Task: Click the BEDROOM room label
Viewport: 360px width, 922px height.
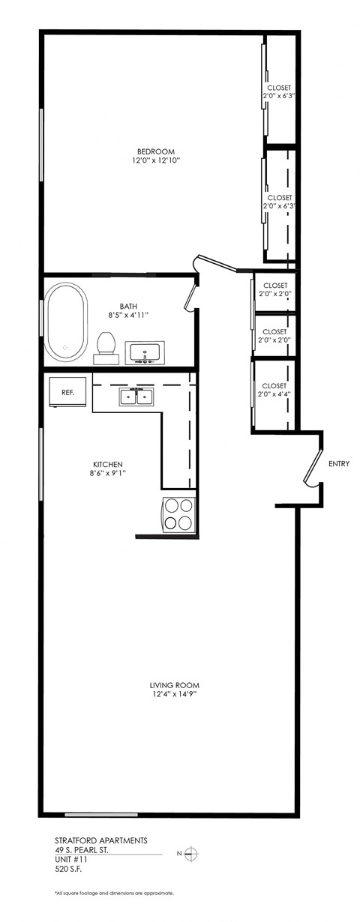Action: pos(150,151)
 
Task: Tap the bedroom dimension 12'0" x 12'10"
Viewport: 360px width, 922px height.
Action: pos(150,161)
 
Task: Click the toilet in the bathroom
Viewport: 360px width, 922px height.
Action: pos(106,348)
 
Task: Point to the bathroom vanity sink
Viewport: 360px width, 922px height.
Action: pos(145,352)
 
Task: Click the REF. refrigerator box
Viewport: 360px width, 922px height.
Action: pos(67,391)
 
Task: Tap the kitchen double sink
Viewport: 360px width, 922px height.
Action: pos(136,398)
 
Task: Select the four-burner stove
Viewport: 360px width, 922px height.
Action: pos(178,515)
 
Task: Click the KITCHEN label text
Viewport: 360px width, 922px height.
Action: pos(106,464)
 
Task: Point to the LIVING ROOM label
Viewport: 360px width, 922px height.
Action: pos(174,685)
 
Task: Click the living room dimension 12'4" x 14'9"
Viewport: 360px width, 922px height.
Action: pos(174,695)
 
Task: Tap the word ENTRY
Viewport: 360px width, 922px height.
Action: pos(339,464)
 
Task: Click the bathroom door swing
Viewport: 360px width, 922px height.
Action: pos(190,296)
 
